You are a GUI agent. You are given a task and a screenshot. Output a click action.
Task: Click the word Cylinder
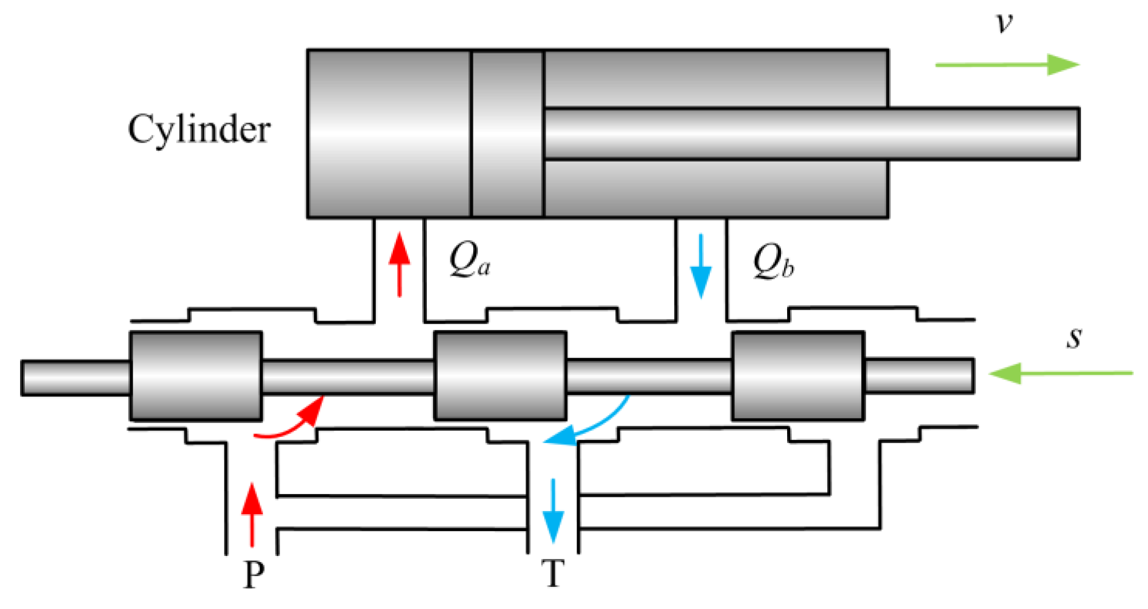(x=199, y=130)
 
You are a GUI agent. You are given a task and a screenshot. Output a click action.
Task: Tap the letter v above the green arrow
(x=1004, y=23)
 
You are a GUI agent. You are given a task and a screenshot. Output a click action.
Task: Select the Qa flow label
(x=469, y=261)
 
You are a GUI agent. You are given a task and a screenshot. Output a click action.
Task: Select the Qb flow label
(x=773, y=262)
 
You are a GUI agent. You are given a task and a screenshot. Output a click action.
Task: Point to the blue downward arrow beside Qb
(x=701, y=266)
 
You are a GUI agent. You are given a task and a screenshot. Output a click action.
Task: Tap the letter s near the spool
(x=1074, y=339)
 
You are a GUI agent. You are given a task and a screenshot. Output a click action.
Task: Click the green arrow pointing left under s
(x=1060, y=373)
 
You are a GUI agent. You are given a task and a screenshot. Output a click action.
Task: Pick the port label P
(x=253, y=574)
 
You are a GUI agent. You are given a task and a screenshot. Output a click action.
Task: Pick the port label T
(x=553, y=573)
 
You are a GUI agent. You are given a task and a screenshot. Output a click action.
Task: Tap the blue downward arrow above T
(x=553, y=511)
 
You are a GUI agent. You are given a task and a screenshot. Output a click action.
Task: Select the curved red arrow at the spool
(x=293, y=422)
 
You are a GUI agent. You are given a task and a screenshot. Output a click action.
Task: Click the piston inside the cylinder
(x=507, y=134)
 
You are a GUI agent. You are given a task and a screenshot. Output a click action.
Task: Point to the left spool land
(x=196, y=376)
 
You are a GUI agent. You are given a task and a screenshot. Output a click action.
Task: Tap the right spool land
(x=797, y=376)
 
